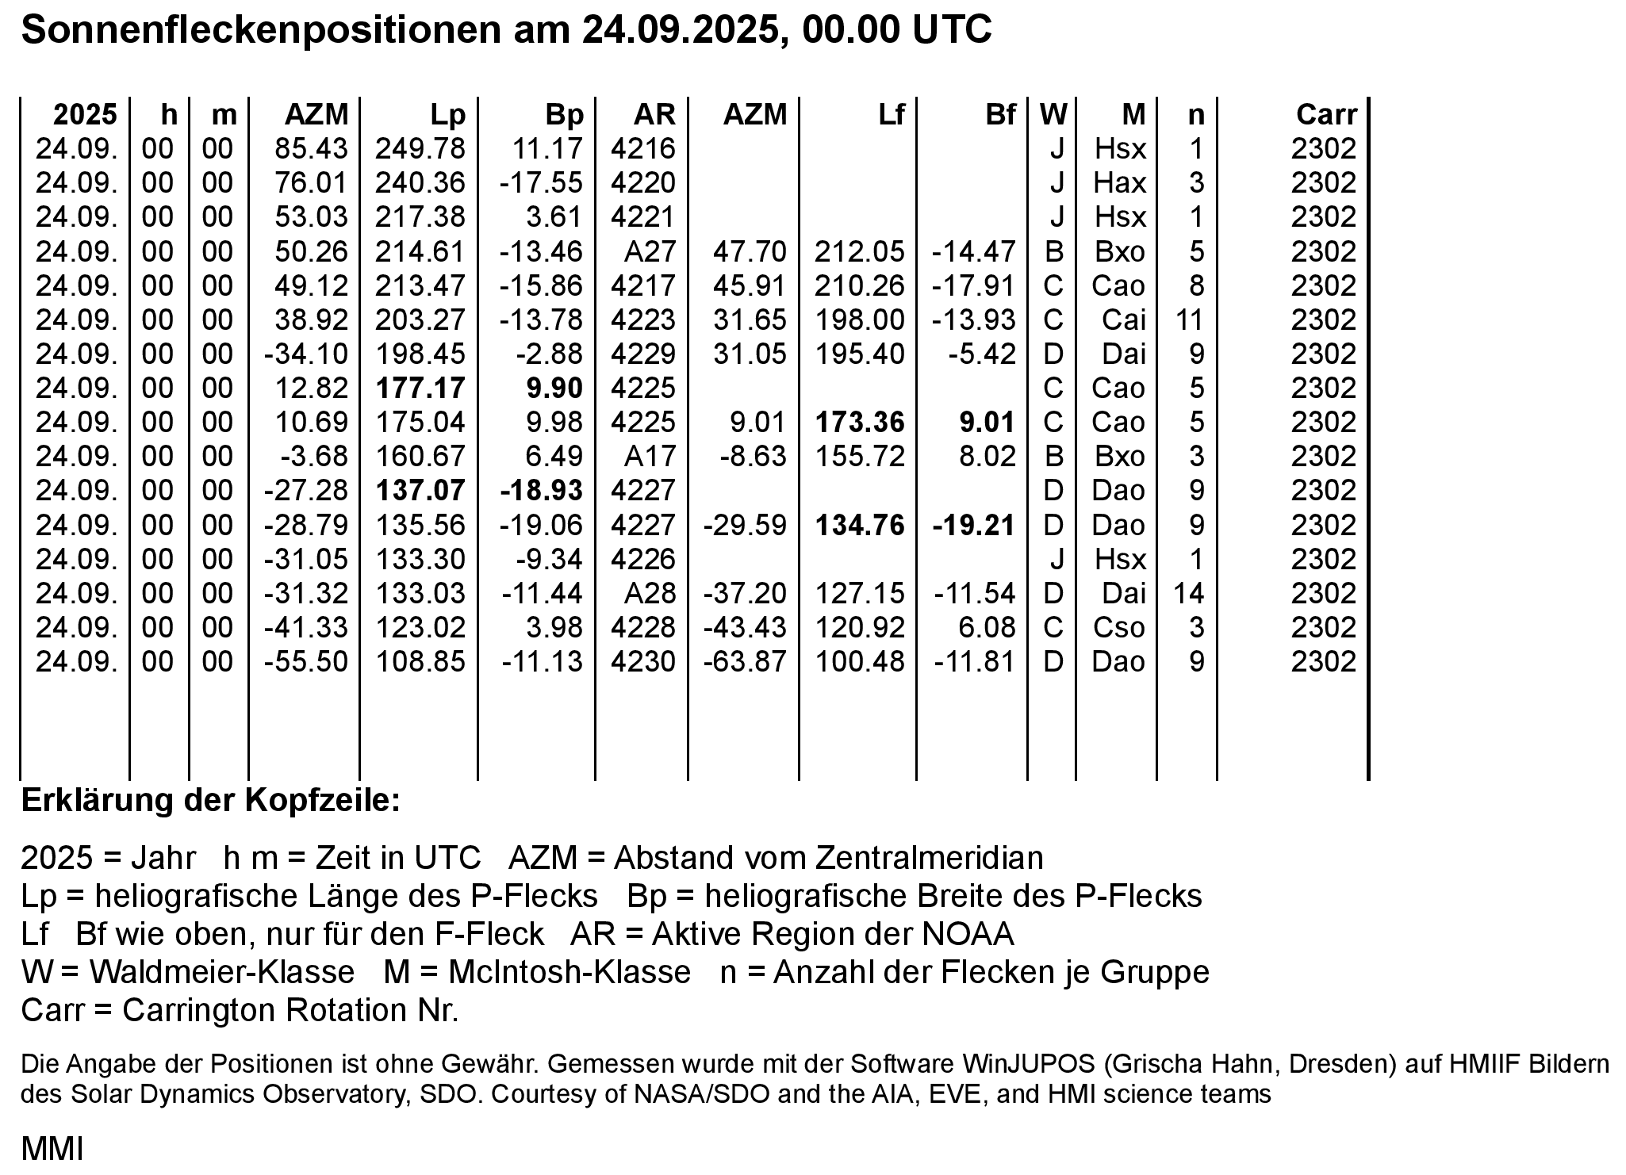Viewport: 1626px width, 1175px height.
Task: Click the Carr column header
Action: point(1326,115)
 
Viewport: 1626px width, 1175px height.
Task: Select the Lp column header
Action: point(447,115)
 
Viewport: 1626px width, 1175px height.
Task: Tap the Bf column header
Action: point(999,115)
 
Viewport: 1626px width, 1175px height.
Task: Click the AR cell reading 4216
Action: point(642,149)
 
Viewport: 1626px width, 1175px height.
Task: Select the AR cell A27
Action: point(649,251)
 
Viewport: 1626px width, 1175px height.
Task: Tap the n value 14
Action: point(1188,594)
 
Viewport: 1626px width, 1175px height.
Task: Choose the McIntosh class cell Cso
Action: point(1118,628)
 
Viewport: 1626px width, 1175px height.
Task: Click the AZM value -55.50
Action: point(305,662)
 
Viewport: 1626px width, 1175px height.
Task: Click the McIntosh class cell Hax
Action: point(1119,183)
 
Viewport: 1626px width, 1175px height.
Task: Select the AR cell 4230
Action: point(642,662)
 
